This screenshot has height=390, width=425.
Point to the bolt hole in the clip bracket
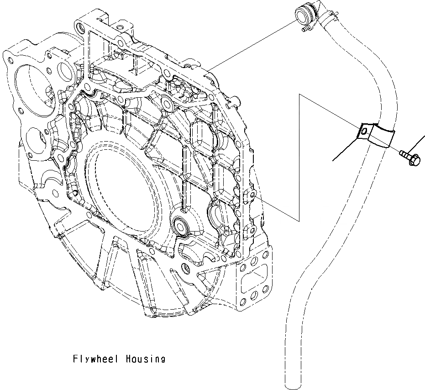[363, 132]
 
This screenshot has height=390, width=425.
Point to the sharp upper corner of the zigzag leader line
[299, 95]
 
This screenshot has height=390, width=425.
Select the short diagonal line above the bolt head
[415, 147]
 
